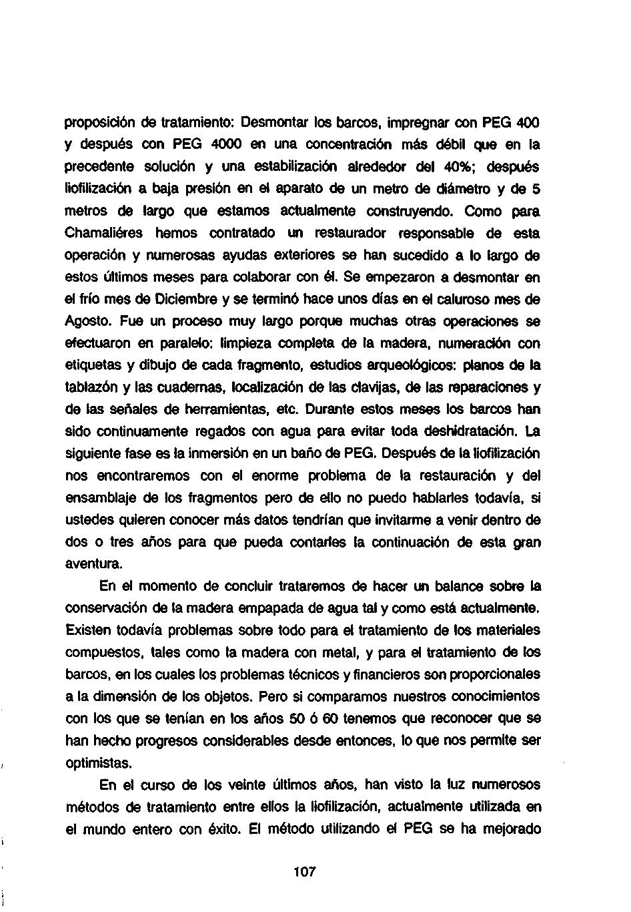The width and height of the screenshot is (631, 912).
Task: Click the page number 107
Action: point(303,872)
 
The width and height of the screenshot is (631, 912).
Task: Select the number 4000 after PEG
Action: point(229,144)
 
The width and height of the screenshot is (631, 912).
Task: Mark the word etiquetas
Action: point(93,365)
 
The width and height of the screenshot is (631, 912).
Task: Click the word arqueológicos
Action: point(388,365)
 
